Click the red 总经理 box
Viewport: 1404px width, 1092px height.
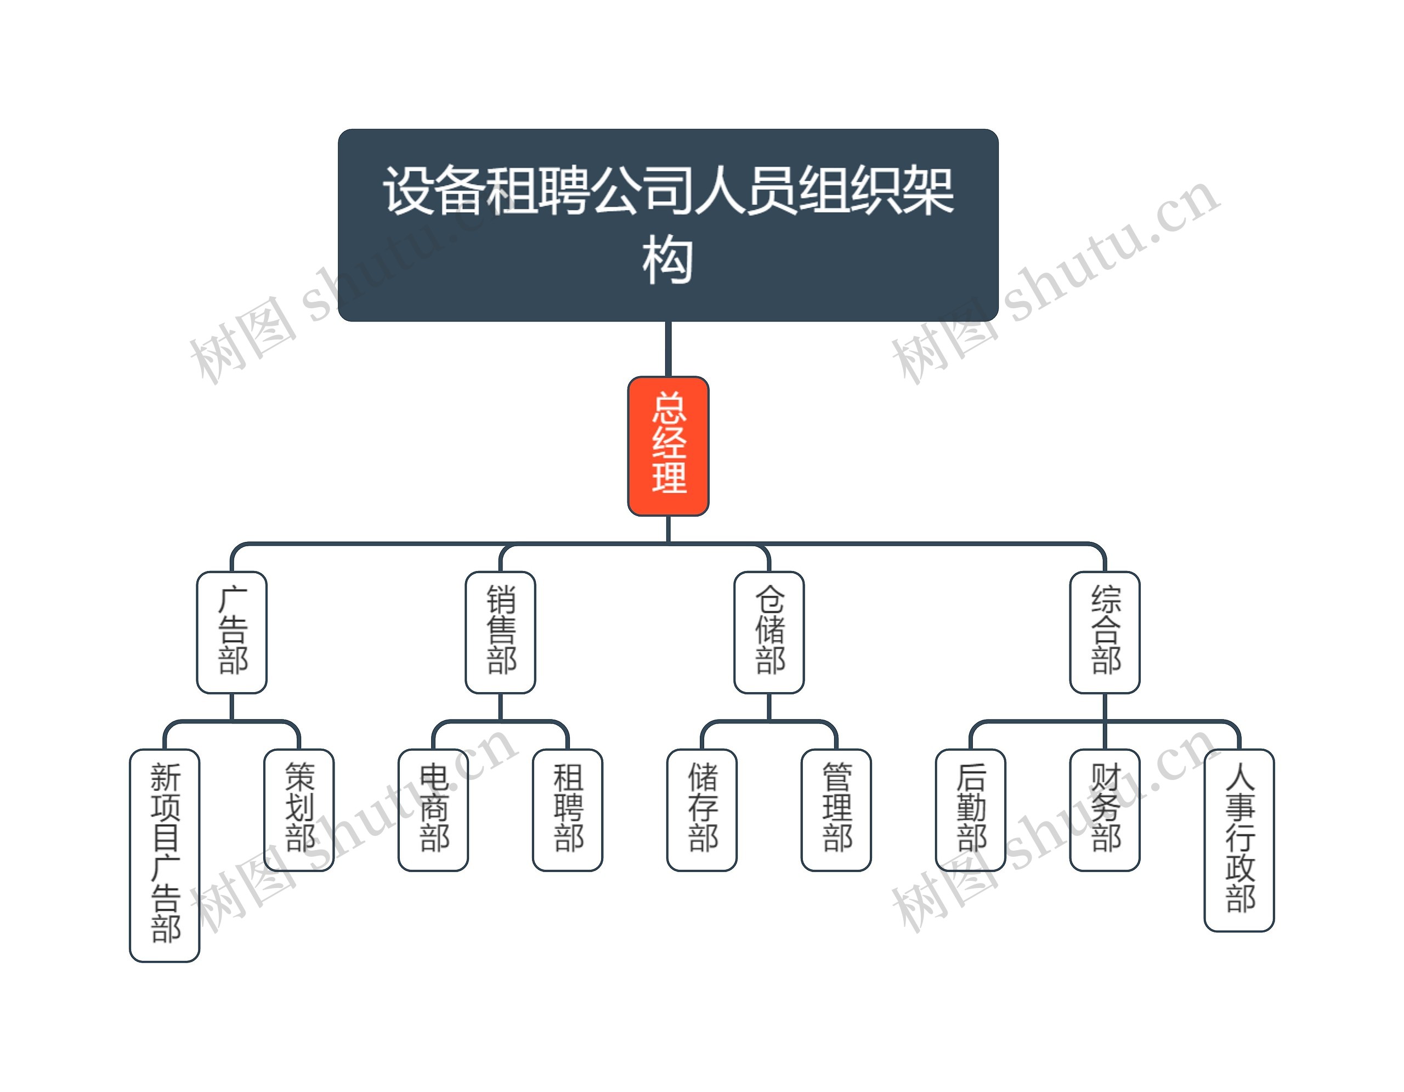668,445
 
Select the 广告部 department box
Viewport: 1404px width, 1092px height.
231,632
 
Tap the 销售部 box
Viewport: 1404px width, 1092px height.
500,632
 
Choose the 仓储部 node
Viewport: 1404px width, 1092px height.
769,632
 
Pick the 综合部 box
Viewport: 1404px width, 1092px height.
1105,632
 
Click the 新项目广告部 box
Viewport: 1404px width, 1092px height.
165,855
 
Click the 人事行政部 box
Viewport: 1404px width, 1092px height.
1239,839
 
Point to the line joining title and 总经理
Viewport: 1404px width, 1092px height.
668,348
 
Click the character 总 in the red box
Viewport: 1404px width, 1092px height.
669,408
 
